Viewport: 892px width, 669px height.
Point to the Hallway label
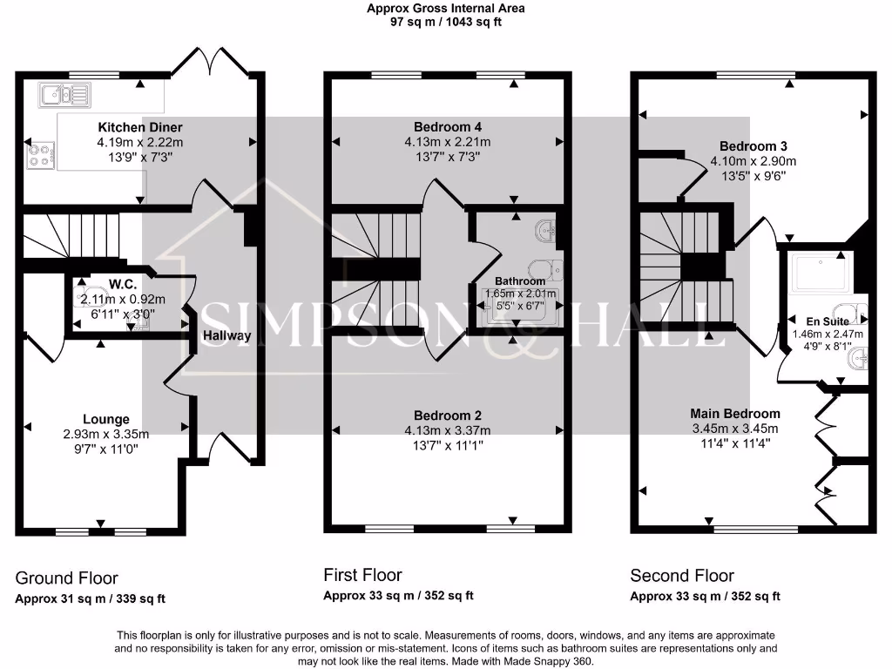point(226,335)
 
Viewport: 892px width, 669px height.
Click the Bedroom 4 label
point(448,126)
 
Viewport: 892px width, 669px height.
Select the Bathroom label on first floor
point(520,281)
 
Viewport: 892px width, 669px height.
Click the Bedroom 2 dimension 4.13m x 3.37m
point(448,430)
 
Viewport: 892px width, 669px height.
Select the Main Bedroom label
point(735,413)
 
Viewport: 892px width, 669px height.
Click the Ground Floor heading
point(67,578)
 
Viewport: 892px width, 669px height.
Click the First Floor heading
point(362,575)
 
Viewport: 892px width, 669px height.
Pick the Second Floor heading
point(682,576)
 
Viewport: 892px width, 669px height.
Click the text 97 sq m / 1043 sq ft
point(445,22)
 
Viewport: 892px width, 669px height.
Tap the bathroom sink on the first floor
point(546,231)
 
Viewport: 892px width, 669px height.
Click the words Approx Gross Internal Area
point(445,9)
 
